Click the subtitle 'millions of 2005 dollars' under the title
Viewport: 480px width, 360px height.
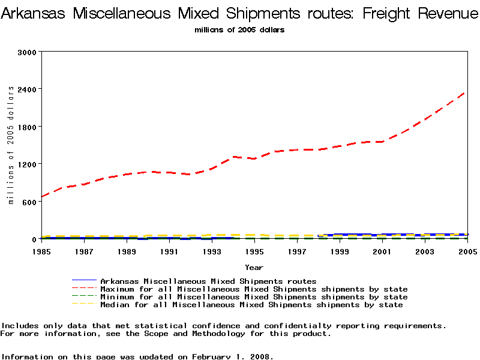[240, 29]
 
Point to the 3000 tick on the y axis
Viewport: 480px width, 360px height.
[27, 52]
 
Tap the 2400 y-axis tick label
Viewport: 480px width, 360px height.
[27, 89]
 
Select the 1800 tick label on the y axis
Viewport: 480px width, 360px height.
[27, 127]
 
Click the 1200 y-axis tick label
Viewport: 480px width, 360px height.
[27, 164]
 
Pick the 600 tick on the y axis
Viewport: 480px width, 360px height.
[29, 202]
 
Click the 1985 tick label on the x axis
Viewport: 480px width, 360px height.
[41, 252]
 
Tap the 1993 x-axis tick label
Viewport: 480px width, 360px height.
[212, 252]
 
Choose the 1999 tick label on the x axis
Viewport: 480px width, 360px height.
[340, 252]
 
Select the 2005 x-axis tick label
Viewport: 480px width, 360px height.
[467, 252]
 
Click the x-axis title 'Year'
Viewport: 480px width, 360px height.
[254, 267]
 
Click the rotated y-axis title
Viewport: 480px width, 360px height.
[11, 145]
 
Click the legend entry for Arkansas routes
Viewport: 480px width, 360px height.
[208, 281]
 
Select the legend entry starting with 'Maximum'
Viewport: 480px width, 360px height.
[254, 289]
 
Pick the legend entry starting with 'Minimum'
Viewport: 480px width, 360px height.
[254, 297]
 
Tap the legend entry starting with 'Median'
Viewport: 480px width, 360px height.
[251, 305]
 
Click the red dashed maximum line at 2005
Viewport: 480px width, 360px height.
[465, 92]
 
